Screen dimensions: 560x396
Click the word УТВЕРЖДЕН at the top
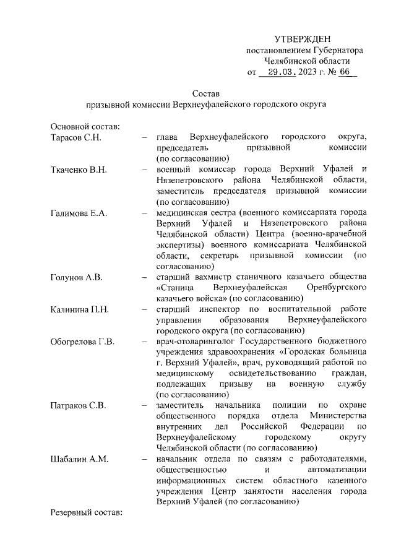point(303,39)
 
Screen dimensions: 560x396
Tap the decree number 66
point(345,72)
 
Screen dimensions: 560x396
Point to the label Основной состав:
point(85,126)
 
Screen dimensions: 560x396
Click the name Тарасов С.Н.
point(75,136)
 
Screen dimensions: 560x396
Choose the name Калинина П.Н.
point(79,310)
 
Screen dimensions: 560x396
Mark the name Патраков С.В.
point(78,405)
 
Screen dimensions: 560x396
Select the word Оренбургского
point(338,288)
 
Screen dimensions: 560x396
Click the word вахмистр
point(213,277)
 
